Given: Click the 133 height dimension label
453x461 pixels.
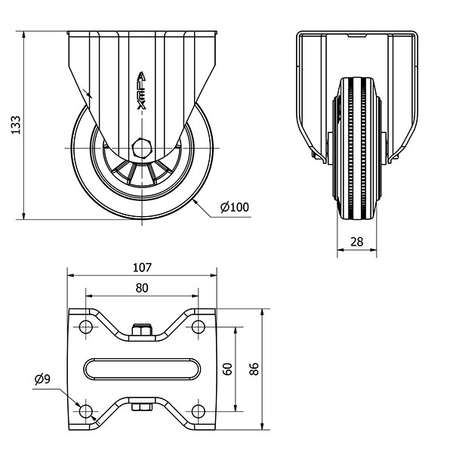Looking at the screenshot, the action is point(16,125).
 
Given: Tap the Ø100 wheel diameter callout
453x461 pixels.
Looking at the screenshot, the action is point(235,207).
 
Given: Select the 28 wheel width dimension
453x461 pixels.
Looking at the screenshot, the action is point(356,242).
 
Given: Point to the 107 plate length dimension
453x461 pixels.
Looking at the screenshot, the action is point(142,268).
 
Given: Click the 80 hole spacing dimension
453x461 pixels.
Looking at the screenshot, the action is point(142,288).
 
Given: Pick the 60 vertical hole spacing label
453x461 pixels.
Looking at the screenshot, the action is point(228,369).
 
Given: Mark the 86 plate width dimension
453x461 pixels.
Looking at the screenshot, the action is point(254,369).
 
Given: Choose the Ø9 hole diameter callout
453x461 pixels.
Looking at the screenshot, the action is point(42,379).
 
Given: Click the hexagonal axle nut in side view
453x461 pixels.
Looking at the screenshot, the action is point(142,148).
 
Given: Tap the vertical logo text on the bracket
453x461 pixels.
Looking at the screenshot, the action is point(142,91).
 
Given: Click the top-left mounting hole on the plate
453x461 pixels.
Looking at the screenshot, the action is point(85,326).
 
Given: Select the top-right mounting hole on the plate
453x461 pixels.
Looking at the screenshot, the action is point(199,326).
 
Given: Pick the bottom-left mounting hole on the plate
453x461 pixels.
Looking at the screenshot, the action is point(85,411).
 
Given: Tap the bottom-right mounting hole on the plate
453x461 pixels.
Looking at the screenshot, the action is point(199,411).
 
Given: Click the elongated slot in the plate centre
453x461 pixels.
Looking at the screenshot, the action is point(142,369).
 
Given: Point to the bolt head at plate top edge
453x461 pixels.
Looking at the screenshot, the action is point(142,330).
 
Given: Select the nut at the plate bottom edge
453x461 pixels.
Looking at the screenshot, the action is point(142,407).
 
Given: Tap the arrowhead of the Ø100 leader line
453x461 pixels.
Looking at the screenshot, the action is point(195,201).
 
